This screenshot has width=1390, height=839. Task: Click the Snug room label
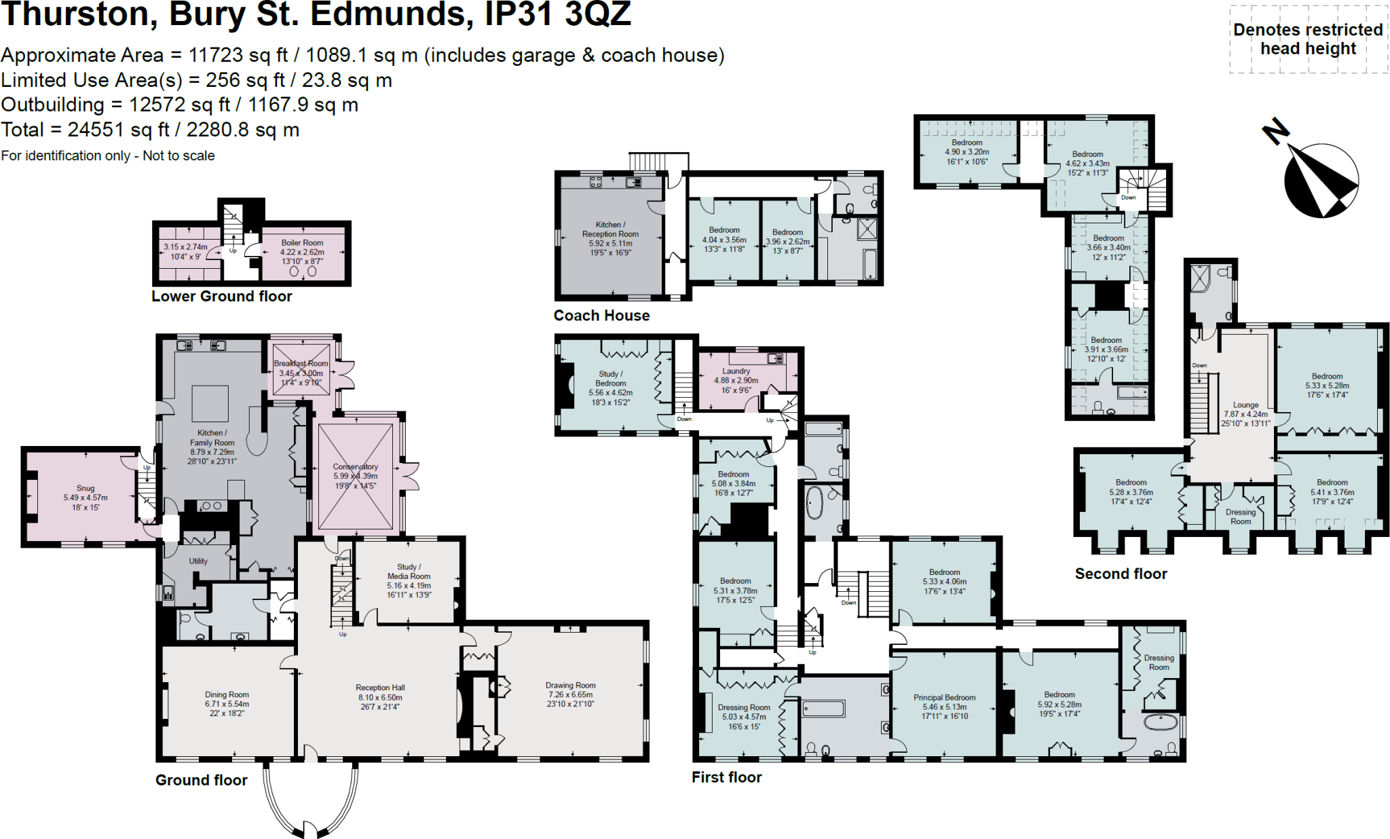86,488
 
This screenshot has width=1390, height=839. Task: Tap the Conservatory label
355,467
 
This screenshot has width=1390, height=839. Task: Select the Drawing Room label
570,686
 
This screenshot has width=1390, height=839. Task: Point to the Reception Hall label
380,688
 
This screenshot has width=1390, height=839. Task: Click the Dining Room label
227,695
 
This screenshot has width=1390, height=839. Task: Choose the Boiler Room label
302,243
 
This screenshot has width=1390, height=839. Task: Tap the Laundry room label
736,371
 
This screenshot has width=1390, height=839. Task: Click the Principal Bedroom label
944,698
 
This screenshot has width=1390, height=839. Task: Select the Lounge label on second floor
1245,405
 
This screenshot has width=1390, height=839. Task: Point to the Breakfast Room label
301,364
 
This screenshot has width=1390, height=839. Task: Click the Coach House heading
601,316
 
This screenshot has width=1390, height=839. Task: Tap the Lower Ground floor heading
221,297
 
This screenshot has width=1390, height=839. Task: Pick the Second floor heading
1121,574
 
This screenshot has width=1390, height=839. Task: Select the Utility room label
198,561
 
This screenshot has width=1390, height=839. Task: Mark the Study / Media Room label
409,572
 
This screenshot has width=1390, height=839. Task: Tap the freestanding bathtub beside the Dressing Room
1161,721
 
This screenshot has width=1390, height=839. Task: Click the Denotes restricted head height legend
1308,39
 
